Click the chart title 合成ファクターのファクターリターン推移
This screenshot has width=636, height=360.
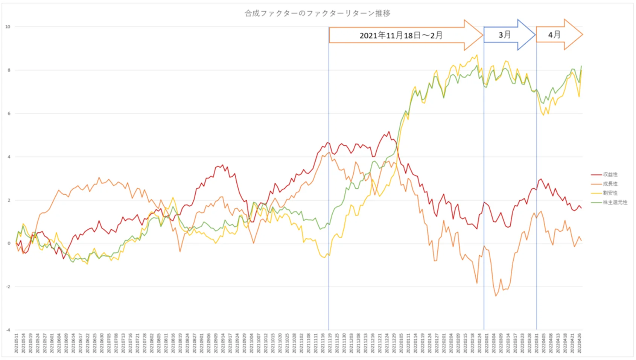coord(317,14)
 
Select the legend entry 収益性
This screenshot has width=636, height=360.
coord(610,174)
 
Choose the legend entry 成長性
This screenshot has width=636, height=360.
coord(610,184)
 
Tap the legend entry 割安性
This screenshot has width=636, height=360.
coord(610,193)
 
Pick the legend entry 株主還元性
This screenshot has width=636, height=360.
coord(615,202)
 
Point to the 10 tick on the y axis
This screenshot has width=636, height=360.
coord(8,27)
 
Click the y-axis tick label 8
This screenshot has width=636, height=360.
coord(9,70)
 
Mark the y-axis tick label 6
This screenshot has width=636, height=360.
coord(9,113)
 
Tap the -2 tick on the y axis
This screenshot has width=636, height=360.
coord(8,287)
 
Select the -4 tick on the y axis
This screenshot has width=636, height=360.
coord(8,330)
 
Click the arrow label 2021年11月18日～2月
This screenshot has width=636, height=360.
coord(401,35)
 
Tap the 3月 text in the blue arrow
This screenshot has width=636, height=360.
coord(505,35)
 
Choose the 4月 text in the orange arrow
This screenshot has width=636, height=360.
coord(554,35)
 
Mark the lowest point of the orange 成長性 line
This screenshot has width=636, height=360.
coord(496,296)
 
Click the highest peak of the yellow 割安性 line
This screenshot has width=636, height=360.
coord(477,55)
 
